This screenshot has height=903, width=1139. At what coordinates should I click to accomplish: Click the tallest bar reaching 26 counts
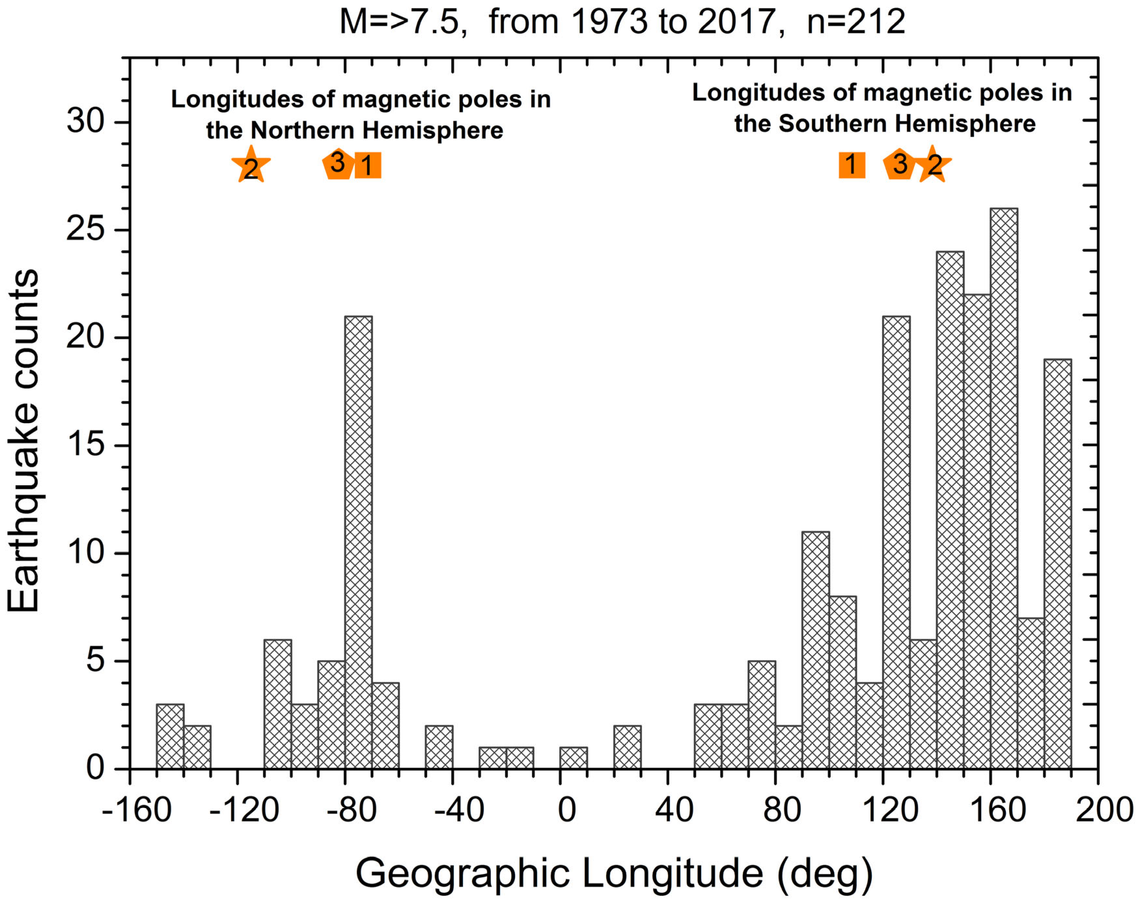point(1004,488)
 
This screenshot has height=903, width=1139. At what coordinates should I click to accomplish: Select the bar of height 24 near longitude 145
point(950,510)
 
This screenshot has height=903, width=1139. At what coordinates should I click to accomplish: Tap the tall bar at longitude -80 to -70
point(358,542)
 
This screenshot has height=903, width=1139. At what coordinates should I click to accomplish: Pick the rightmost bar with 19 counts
point(1058,564)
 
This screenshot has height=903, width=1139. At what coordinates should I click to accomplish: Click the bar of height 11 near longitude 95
point(815,650)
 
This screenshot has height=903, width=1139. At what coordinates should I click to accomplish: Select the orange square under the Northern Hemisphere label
point(368,165)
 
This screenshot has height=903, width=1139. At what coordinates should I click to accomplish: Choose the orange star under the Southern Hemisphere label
point(934,165)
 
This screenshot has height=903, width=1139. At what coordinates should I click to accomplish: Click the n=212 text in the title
point(856,22)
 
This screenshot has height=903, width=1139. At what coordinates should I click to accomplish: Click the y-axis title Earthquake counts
point(24,441)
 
